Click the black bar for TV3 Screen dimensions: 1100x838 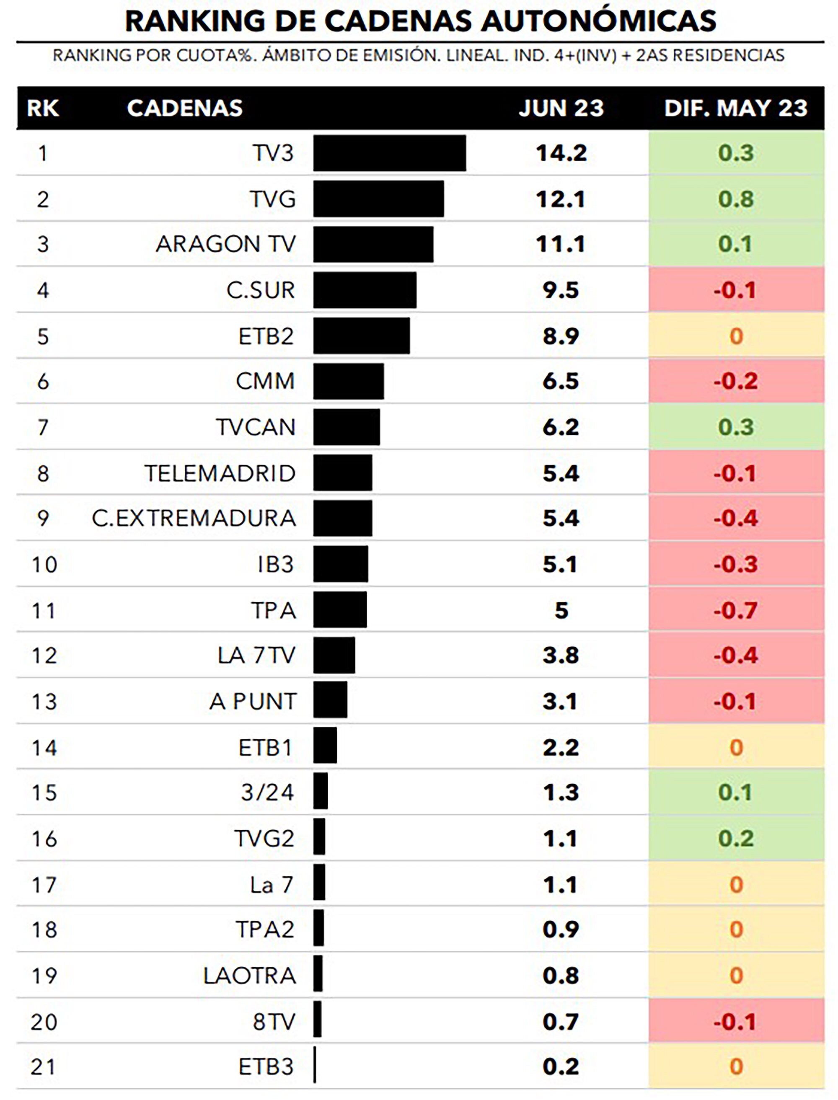[390, 153]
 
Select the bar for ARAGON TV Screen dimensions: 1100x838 [373, 244]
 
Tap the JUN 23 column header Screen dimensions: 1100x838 [561, 108]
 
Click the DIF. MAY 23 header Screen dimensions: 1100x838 [735, 108]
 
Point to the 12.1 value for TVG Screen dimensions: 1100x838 [561, 199]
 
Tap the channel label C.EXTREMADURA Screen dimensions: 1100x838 [194, 519]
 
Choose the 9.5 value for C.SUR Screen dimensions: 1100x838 [561, 290]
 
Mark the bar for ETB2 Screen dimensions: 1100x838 [362, 336]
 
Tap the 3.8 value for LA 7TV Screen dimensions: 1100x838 [561, 655]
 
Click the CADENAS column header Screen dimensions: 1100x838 [184, 108]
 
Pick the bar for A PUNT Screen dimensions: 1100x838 [330, 701]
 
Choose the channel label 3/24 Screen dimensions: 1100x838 [267, 793]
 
